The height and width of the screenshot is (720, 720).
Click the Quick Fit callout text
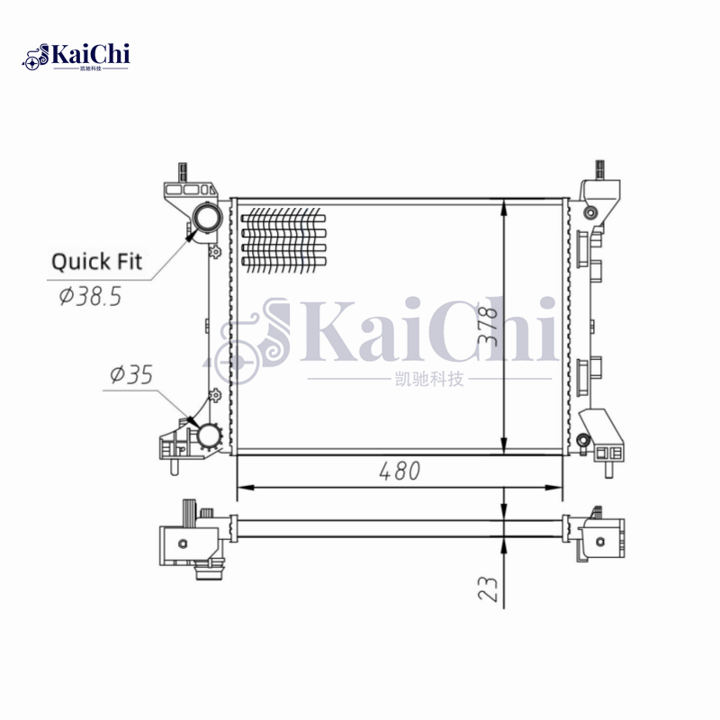(x=96, y=262)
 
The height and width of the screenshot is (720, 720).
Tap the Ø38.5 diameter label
(x=91, y=296)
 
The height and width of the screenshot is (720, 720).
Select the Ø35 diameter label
(x=131, y=374)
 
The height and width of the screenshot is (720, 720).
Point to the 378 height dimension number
(x=488, y=326)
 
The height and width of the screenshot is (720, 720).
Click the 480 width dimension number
(x=400, y=471)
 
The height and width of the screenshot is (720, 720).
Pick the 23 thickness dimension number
(x=488, y=589)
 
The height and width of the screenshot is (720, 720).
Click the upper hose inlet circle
(x=207, y=218)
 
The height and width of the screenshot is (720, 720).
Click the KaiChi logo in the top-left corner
(x=76, y=57)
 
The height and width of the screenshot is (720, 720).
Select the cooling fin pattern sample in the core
(x=283, y=239)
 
